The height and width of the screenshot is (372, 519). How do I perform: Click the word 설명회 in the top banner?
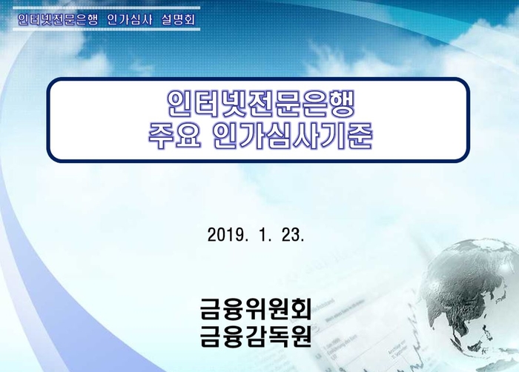[179, 19]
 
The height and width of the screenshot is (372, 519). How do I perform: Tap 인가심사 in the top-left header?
[130, 19]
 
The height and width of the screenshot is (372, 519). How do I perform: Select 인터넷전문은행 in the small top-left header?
[58, 19]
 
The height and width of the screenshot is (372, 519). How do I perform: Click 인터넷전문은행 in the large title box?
[261, 104]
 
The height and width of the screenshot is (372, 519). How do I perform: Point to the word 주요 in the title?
[175, 136]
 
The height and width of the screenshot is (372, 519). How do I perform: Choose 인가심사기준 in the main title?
[292, 136]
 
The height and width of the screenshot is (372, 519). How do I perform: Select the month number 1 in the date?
[262, 235]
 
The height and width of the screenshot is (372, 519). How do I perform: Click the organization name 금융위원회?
[256, 308]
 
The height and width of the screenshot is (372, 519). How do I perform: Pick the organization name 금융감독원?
[256, 336]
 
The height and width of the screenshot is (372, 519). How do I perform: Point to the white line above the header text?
[106, 7]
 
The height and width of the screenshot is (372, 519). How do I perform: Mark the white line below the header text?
[106, 29]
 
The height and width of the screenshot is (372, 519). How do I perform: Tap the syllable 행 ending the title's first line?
[342, 104]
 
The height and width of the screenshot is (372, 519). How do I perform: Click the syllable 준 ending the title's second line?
[360, 136]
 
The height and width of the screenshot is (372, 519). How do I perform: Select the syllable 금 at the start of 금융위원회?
[211, 308]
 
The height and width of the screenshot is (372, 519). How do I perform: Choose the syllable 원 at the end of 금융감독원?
[300, 336]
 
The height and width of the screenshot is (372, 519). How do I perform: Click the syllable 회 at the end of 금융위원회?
[300, 308]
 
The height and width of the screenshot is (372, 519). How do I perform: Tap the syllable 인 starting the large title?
[179, 104]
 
